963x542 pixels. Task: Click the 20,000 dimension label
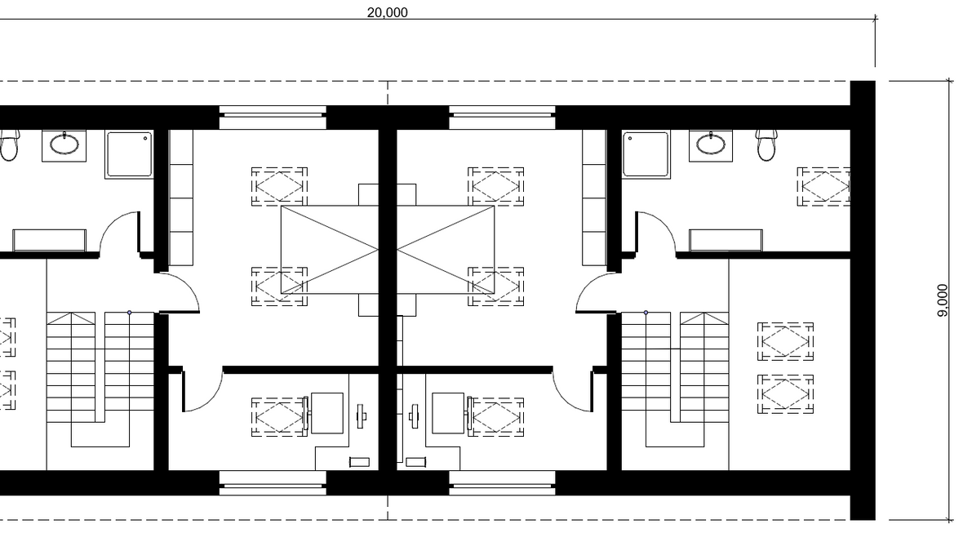point(387,12)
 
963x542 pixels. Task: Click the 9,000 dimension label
point(943,300)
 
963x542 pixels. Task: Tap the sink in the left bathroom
point(64,145)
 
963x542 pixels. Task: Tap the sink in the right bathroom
point(711,145)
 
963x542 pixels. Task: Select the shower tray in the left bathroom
point(129,154)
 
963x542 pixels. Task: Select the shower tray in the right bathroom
point(646,154)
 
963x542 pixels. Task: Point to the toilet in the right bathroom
point(766,145)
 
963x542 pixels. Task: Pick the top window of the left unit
point(273,117)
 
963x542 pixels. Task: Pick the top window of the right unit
point(503,117)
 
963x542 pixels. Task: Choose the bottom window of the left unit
point(273,483)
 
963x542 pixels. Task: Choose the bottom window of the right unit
point(503,483)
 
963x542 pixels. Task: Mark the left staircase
point(100,379)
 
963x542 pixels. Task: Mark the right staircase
point(675,379)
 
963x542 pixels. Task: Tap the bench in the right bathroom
point(726,240)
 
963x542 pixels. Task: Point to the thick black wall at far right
point(863,300)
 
